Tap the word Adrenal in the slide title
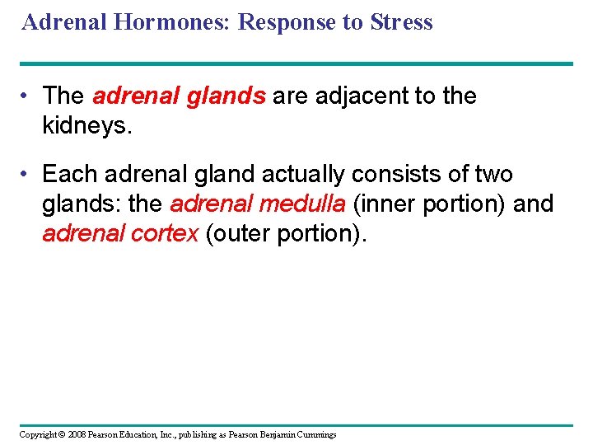pos(63,22)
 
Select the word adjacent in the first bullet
pos(343,96)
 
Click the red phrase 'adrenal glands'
pos(179,96)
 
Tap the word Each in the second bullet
pos(67,175)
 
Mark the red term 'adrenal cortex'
pos(120,233)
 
